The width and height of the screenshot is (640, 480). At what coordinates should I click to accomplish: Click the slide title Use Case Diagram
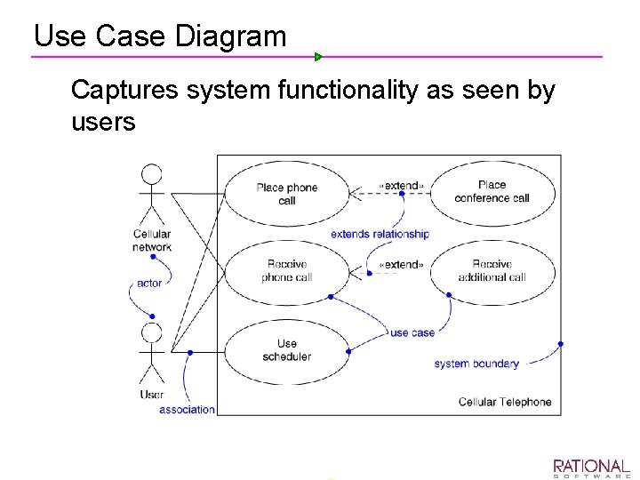[160, 36]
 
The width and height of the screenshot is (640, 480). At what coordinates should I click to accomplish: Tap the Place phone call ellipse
[286, 194]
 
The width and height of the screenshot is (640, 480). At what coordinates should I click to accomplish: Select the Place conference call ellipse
[492, 192]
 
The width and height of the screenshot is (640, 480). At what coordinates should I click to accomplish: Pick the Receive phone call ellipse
[286, 270]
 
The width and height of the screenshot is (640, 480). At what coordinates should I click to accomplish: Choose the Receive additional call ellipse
[492, 270]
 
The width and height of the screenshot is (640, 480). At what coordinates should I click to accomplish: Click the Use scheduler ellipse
[286, 349]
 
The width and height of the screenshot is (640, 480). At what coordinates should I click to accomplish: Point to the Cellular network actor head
[152, 173]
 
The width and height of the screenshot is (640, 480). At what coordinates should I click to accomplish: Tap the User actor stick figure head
[152, 333]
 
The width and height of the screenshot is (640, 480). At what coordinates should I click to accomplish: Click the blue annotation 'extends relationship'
[380, 234]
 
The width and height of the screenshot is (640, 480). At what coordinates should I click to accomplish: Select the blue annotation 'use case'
[412, 332]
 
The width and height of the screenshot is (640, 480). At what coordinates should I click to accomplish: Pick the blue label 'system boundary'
[476, 364]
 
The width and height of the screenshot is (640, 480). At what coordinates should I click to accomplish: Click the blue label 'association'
[187, 410]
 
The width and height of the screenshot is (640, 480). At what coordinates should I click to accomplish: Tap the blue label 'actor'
[149, 284]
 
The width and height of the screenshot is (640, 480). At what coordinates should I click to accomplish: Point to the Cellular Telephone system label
[505, 402]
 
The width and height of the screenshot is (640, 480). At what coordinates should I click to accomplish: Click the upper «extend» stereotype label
[401, 186]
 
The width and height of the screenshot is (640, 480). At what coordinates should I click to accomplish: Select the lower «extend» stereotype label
[401, 264]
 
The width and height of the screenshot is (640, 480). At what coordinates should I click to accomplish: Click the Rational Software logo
[591, 468]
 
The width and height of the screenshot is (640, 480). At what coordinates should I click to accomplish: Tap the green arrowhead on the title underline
[318, 57]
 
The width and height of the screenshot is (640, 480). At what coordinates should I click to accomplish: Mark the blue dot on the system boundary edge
[561, 344]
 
